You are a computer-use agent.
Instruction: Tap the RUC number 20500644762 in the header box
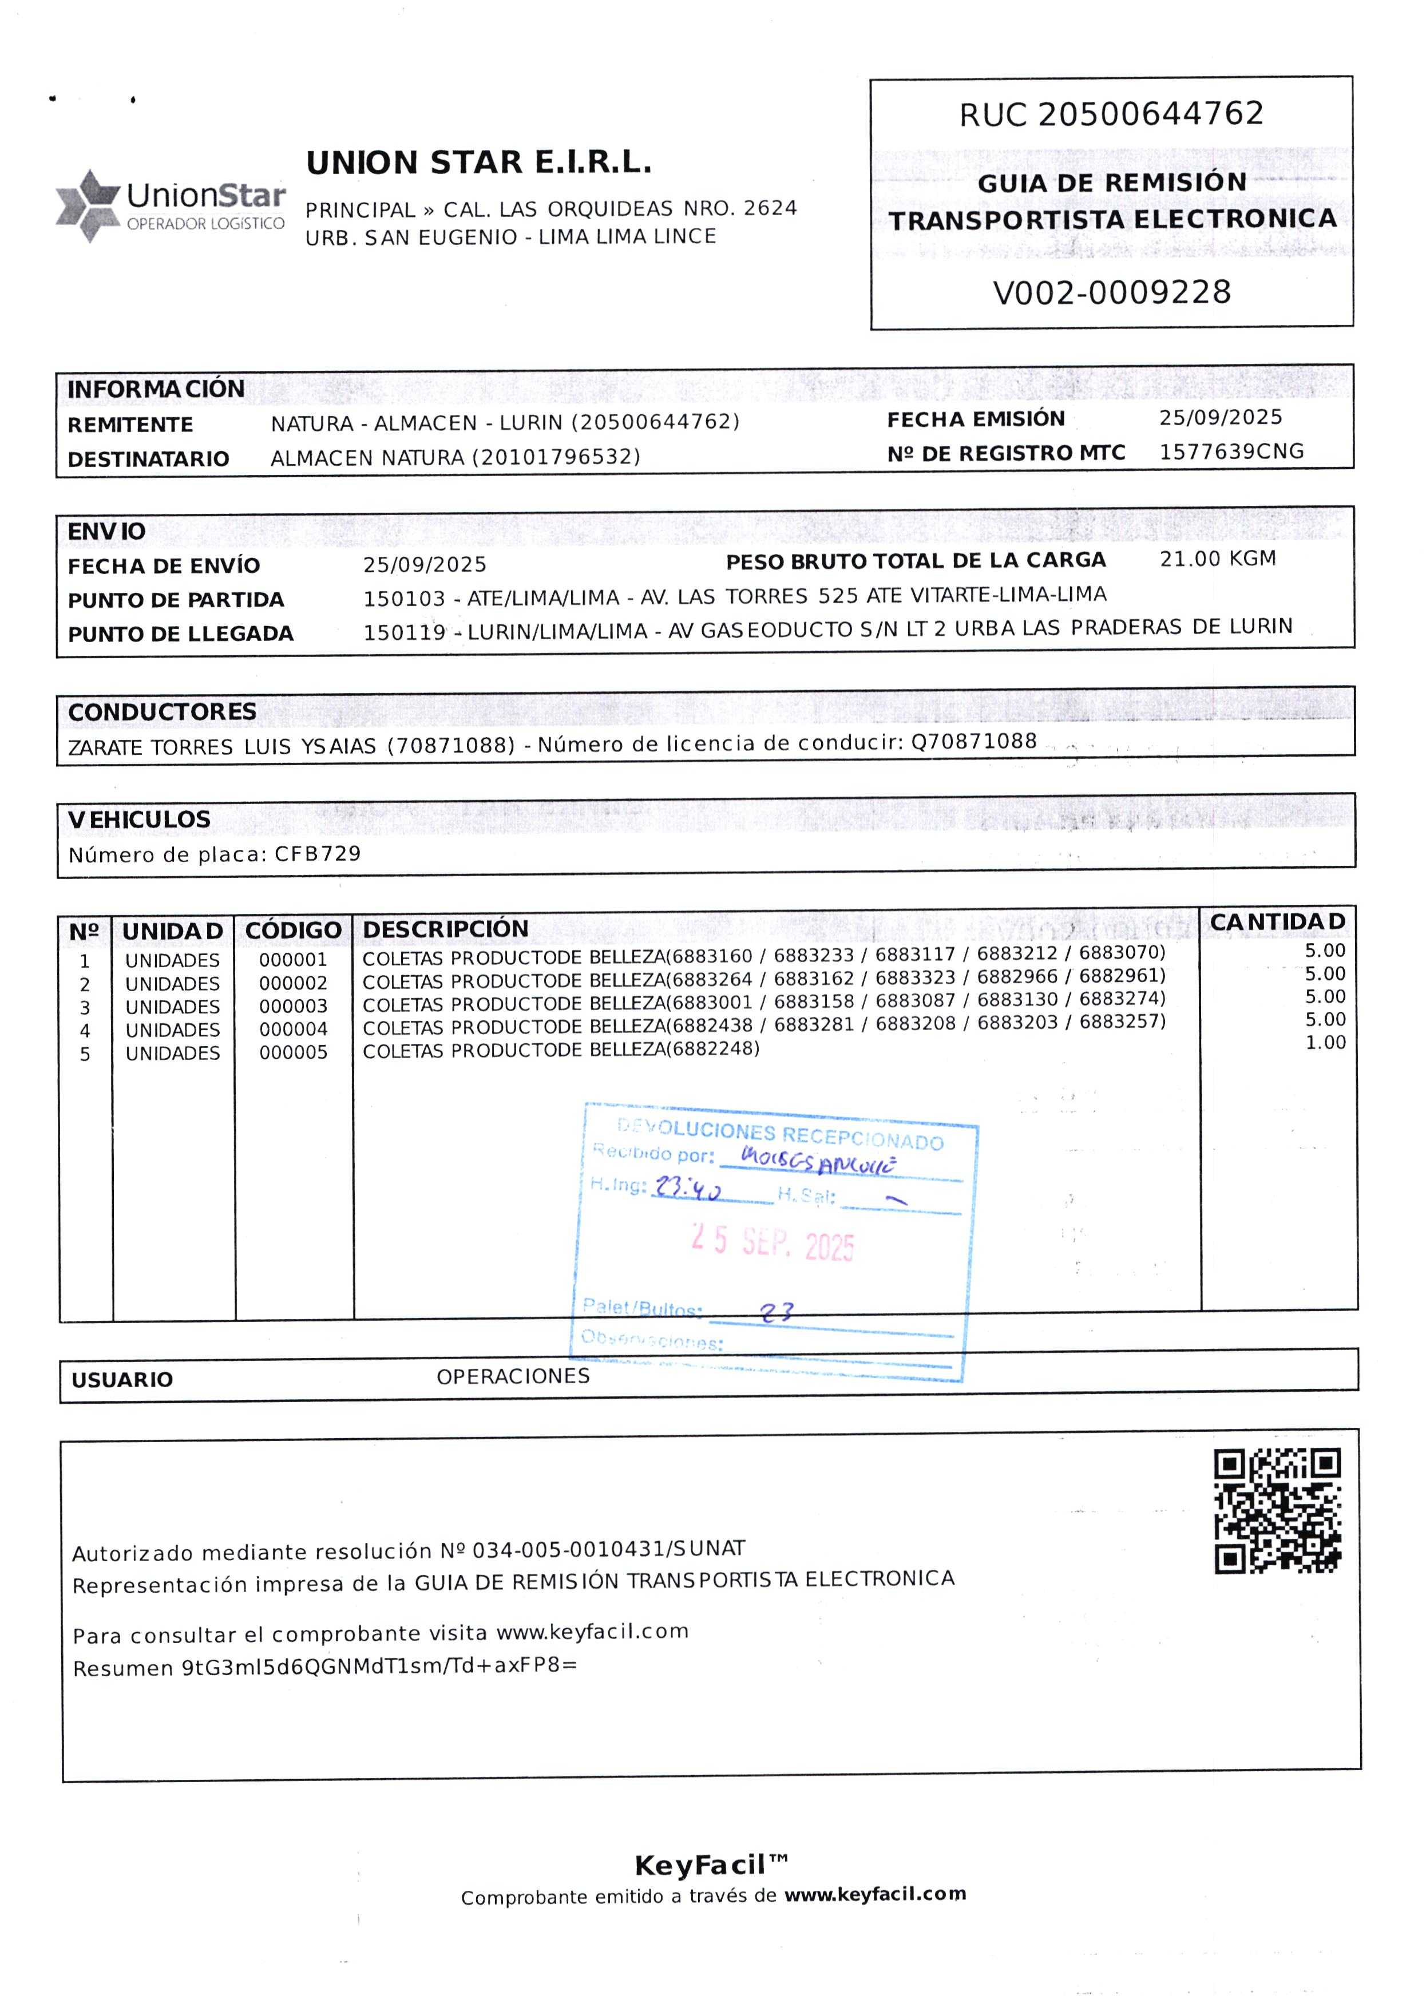1150,114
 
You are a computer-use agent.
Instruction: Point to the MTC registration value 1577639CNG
1231,452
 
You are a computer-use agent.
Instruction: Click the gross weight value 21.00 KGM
1217,559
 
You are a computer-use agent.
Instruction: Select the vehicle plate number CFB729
318,853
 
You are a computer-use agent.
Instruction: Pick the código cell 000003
294,1006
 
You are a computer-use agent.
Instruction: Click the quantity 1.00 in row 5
1325,1042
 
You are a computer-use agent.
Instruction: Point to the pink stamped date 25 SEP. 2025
772,1242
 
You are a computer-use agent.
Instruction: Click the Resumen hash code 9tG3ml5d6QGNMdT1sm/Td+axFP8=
379,1666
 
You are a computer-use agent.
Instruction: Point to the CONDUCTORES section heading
163,711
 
